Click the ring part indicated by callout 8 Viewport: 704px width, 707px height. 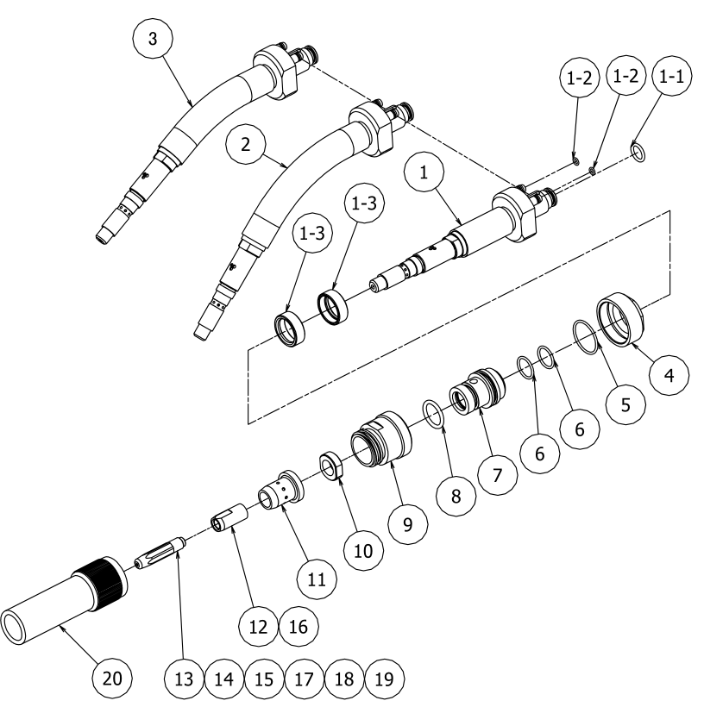pos(434,412)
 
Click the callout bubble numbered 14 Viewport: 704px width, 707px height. pos(223,679)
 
